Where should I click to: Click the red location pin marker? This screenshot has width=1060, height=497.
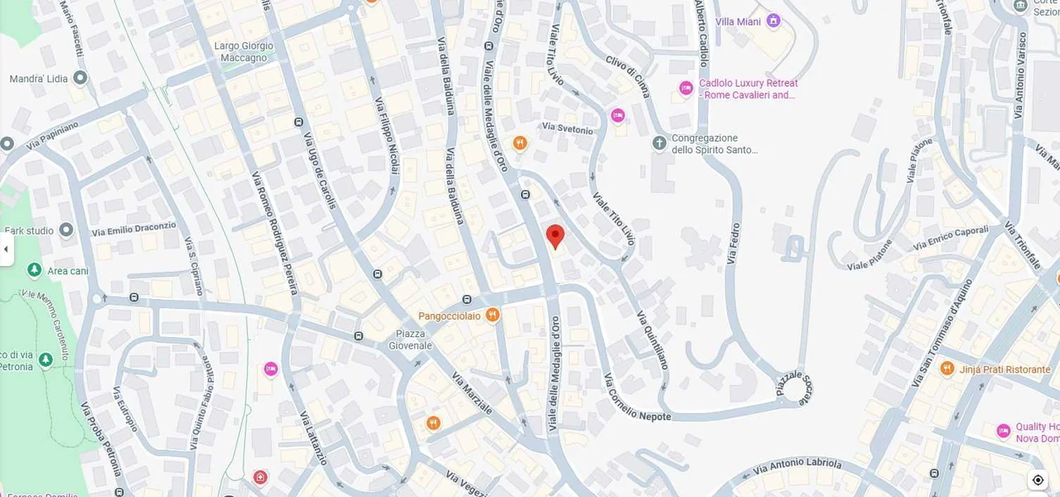point(556,236)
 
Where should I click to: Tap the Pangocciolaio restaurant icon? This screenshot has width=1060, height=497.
point(493,315)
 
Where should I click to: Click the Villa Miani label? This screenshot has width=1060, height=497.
point(738,22)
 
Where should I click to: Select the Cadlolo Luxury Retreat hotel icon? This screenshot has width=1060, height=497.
point(686,88)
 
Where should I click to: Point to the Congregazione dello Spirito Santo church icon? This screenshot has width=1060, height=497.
point(659,143)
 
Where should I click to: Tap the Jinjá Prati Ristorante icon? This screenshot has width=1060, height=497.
point(947,369)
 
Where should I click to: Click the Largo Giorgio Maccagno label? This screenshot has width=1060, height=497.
point(243,51)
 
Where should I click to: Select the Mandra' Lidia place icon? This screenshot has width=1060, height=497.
point(80,79)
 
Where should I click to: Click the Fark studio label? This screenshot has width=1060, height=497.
point(29,230)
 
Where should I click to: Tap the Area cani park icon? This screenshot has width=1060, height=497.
point(35,270)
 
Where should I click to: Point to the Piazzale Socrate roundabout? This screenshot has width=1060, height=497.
point(797,388)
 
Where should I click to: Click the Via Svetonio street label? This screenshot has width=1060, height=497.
point(567,129)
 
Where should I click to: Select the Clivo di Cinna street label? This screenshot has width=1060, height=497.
point(628,75)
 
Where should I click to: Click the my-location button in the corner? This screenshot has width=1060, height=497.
point(1038,480)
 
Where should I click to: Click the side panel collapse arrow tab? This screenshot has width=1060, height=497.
point(6,249)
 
